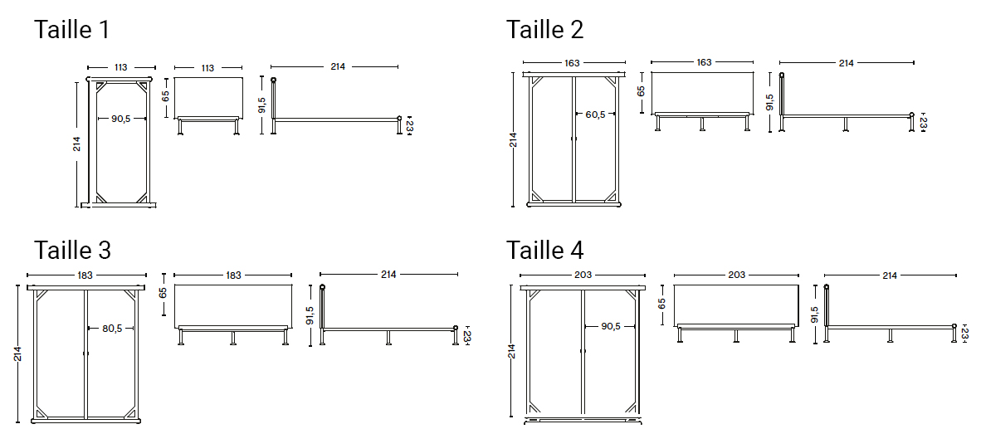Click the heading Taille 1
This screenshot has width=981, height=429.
71,29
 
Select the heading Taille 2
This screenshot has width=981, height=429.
544,29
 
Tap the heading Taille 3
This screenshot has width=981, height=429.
72,250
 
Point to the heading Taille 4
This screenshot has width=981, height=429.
545,250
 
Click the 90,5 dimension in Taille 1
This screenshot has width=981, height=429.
120,118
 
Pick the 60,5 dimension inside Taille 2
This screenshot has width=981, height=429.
595,114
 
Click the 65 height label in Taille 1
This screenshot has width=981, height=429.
166,96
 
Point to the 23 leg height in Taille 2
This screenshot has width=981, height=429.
923,123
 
